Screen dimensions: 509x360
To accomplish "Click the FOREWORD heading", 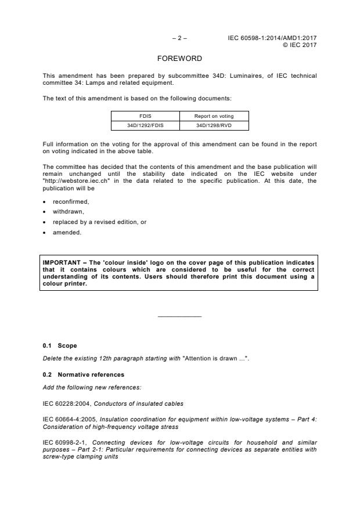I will pyautogui.click(x=179, y=59).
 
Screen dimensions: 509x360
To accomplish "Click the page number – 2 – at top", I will pyautogui.click(x=179, y=38).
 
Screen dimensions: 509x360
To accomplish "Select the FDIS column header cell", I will pyautogui.click(x=145, y=116).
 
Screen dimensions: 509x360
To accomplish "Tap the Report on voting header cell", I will pyautogui.click(x=214, y=116).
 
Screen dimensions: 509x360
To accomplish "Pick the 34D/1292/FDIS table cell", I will pyautogui.click(x=145, y=125).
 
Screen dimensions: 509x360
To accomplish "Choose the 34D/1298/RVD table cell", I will pyautogui.click(x=214, y=125).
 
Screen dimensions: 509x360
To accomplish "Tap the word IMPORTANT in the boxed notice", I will pyautogui.click(x=61, y=263).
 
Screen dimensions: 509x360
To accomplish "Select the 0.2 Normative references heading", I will pyautogui.click(x=83, y=374).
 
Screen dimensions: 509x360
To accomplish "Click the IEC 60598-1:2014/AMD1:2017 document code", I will pyautogui.click(x=273, y=38).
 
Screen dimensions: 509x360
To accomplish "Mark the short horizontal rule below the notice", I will pyautogui.click(x=179, y=316).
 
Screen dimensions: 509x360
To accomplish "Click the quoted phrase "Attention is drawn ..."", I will pyautogui.click(x=208, y=359).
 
